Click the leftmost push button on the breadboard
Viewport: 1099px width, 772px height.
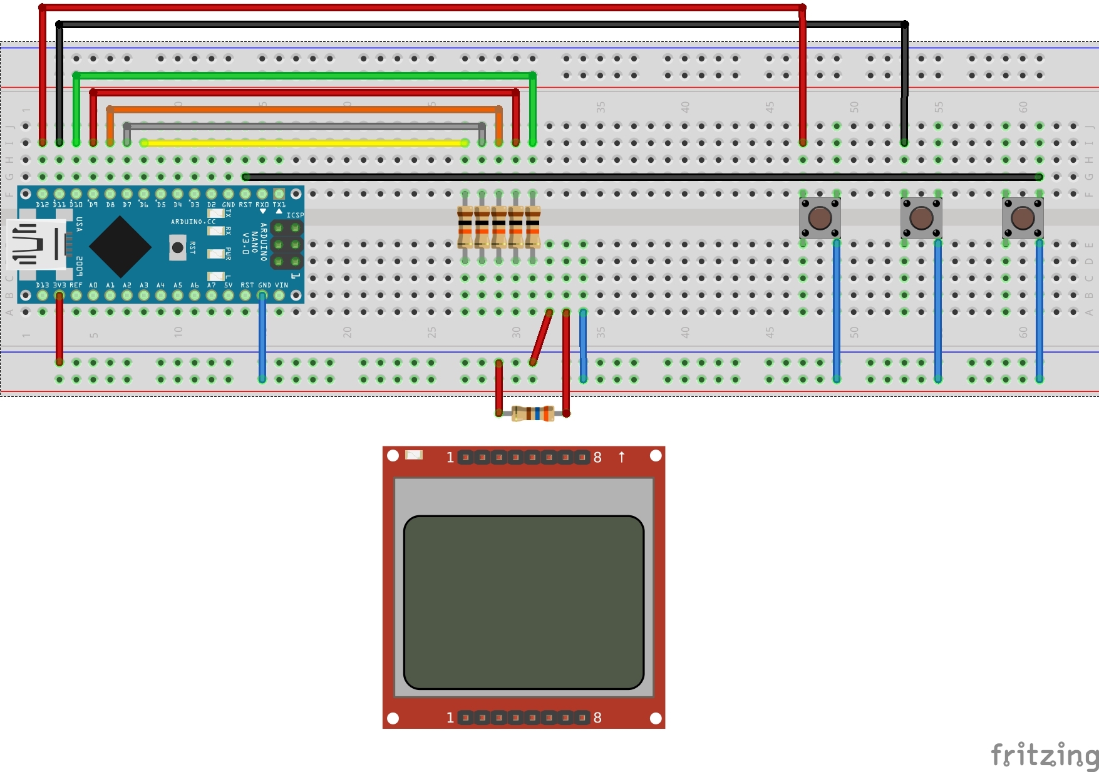[x=820, y=218]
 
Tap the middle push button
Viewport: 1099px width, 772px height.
[x=921, y=218]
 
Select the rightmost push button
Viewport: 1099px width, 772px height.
[x=1023, y=218]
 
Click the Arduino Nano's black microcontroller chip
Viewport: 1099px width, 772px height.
[x=120, y=246]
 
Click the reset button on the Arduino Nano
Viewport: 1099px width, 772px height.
[x=178, y=248]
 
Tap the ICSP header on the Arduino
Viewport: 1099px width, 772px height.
[x=287, y=244]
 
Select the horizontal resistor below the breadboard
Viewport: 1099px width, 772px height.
[x=533, y=413]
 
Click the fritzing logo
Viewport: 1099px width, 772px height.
[x=1044, y=755]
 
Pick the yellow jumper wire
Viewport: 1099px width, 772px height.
[x=304, y=143]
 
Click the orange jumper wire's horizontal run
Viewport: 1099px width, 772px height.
[x=304, y=110]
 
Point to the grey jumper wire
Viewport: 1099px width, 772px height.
[x=304, y=126]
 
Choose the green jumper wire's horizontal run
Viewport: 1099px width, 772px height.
[x=304, y=76]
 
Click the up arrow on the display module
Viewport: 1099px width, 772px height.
[x=622, y=457]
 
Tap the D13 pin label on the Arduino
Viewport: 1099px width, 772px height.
[x=42, y=286]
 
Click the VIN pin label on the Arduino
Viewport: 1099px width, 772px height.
[x=281, y=286]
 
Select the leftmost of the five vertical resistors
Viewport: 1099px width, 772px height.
[x=465, y=227]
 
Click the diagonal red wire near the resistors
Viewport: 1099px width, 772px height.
[x=541, y=337]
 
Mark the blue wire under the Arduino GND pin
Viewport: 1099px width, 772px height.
[x=262, y=338]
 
